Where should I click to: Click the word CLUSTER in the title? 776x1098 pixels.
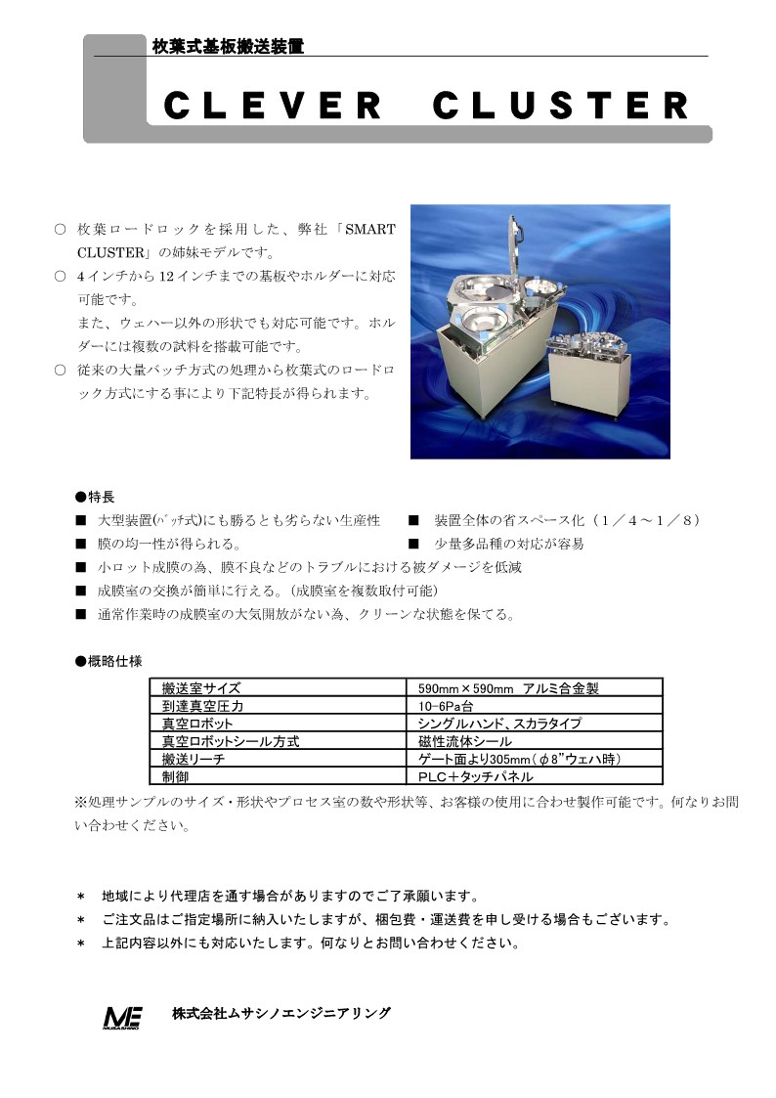(x=559, y=106)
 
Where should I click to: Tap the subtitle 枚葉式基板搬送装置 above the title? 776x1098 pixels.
(x=228, y=46)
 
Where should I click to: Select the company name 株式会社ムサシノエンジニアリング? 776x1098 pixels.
(x=281, y=1013)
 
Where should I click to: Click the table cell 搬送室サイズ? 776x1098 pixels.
(x=201, y=688)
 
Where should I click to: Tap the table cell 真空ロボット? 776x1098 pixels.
(x=198, y=724)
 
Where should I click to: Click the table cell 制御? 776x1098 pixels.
(x=176, y=776)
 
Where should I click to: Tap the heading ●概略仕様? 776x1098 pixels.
(x=108, y=661)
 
